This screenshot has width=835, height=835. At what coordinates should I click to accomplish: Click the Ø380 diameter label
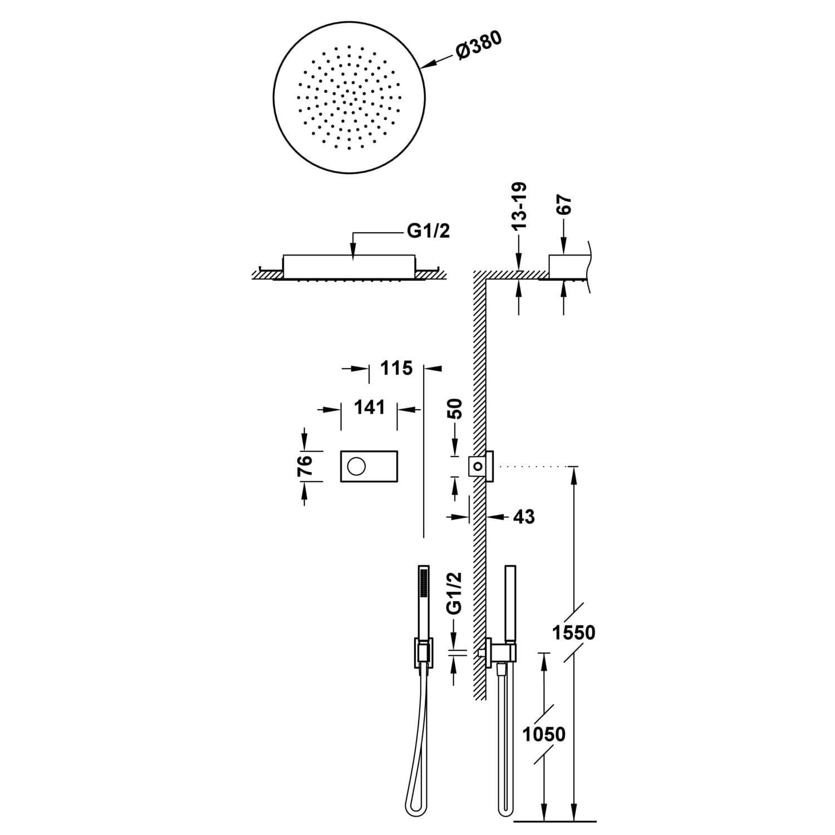(x=479, y=45)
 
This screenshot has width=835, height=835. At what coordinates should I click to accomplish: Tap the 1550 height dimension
(x=574, y=632)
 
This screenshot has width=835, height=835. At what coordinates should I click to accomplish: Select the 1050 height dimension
(x=544, y=734)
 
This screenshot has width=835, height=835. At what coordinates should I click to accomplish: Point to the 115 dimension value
(x=396, y=368)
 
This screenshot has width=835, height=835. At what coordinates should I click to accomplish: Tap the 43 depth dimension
(x=523, y=517)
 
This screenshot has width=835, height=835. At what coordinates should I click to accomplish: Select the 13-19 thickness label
(x=519, y=207)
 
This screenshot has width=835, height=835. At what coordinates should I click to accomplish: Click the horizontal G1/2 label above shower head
(x=429, y=231)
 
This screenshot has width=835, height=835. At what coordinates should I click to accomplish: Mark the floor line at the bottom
(x=554, y=821)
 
